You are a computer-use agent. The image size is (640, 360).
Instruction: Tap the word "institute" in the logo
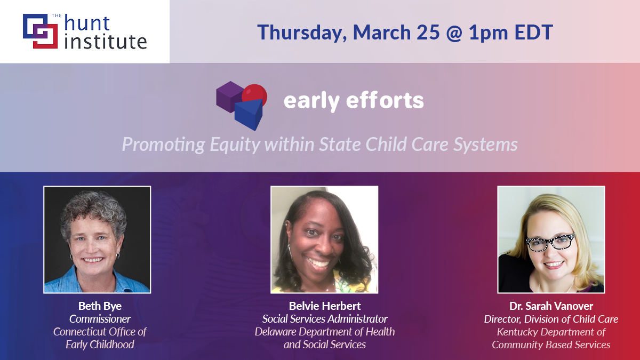[x=105, y=41]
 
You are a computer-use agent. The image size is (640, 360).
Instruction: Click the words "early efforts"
[x=354, y=100]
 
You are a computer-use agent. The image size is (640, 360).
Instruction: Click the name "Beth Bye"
[x=100, y=306]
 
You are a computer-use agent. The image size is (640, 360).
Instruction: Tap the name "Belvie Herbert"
[x=324, y=306]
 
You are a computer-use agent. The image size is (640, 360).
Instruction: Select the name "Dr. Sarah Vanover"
[x=551, y=307]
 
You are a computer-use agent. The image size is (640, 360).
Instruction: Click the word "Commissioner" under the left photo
[x=100, y=319]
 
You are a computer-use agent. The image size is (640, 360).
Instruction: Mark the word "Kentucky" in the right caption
[x=519, y=332]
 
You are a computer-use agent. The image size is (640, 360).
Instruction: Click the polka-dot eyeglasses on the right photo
[x=550, y=242]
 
